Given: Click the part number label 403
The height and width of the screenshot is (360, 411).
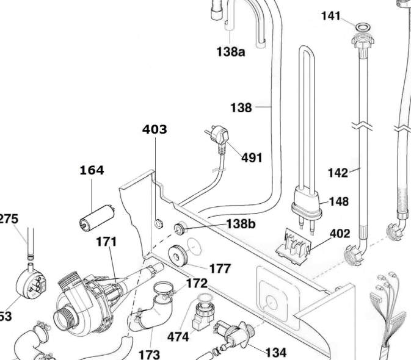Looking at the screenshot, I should (155, 129).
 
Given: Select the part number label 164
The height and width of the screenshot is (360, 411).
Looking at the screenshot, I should (92, 170).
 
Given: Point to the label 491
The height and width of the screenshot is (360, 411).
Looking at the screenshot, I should (252, 157).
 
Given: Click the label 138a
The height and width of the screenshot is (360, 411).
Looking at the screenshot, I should (230, 52).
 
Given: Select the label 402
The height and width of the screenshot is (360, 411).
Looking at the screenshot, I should (340, 234).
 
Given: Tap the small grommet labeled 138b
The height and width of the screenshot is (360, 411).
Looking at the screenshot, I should (180, 229).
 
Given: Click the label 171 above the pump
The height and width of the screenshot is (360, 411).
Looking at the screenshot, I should (106, 242).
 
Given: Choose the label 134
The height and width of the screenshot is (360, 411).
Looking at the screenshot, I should (275, 352).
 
